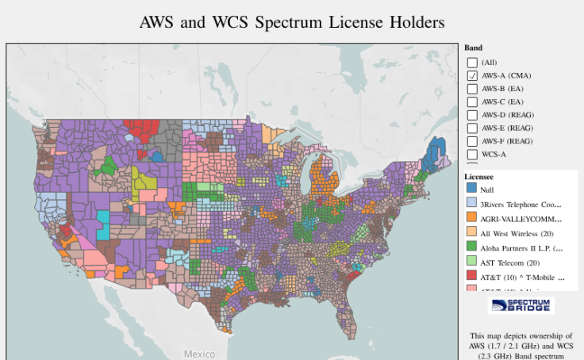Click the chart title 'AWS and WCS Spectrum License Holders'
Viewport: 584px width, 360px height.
[291, 21]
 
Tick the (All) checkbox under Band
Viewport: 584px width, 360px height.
[472, 62]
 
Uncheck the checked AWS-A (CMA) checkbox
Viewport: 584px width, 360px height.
[472, 75]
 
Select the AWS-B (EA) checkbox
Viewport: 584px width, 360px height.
[472, 89]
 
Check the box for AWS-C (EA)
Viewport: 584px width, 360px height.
[472, 101]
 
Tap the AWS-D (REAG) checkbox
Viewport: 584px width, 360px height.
[472, 115]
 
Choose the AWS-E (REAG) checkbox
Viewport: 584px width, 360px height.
[472, 128]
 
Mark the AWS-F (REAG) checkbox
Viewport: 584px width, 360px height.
[472, 141]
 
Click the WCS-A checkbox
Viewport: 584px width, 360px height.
[472, 154]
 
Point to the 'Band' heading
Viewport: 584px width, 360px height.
[473, 48]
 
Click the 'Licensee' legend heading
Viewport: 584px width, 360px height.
[478, 176]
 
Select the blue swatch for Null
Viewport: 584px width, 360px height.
[471, 190]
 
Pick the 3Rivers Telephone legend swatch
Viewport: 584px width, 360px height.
[471, 204]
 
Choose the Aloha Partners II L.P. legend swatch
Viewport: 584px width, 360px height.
[471, 247]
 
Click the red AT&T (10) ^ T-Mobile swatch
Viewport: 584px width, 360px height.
[471, 276]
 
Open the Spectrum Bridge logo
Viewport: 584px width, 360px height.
[521, 305]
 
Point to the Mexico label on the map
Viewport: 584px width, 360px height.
[199, 354]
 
